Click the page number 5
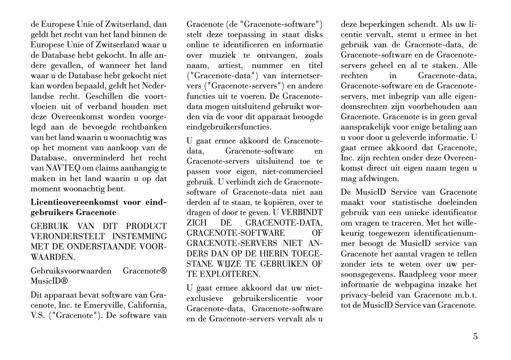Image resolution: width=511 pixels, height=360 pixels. click(475, 336)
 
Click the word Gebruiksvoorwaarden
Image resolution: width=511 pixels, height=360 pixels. click(71, 271)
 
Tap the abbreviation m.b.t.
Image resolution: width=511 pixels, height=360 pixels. click(463, 295)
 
